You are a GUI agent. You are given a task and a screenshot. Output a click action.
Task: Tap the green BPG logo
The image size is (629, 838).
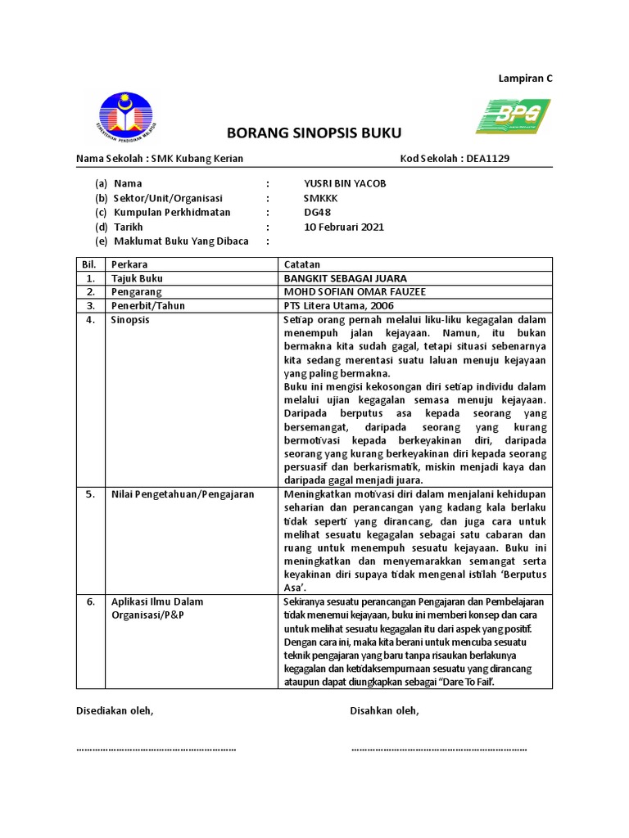coord(513,116)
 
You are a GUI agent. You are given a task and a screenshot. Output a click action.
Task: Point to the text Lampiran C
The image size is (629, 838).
coord(526,79)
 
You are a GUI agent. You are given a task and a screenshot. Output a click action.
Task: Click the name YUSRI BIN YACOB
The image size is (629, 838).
coord(345,183)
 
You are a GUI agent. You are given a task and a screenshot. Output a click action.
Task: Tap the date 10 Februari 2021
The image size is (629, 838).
coord(343,227)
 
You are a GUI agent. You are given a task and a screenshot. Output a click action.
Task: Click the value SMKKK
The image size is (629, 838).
coord(320,198)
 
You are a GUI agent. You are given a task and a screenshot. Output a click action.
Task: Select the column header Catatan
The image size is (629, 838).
coord(301,264)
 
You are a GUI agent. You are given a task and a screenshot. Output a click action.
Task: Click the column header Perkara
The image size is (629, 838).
coord(130,264)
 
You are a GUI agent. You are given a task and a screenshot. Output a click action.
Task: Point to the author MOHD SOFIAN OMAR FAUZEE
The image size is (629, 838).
coord(355,292)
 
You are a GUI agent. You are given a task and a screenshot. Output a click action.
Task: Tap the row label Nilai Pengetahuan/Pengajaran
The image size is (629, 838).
coord(183,494)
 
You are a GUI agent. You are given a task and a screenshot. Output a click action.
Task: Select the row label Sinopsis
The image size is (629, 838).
coord(130,320)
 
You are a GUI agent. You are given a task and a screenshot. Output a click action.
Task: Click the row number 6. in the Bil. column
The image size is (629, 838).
coord(90,601)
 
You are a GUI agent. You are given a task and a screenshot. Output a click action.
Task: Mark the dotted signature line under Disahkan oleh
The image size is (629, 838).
coord(439,749)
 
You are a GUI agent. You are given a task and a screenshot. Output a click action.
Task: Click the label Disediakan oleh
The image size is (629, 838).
coord(115,710)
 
